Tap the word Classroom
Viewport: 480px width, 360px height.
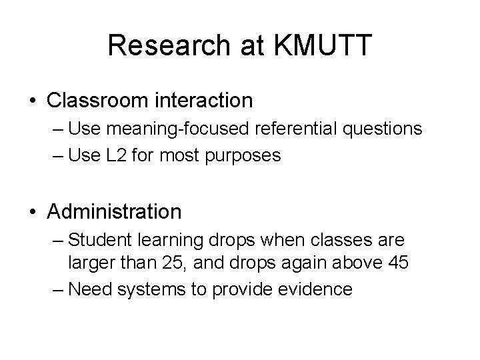click(100, 101)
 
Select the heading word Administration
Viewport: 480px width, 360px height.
click(114, 212)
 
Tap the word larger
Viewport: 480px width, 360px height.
click(90, 263)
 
